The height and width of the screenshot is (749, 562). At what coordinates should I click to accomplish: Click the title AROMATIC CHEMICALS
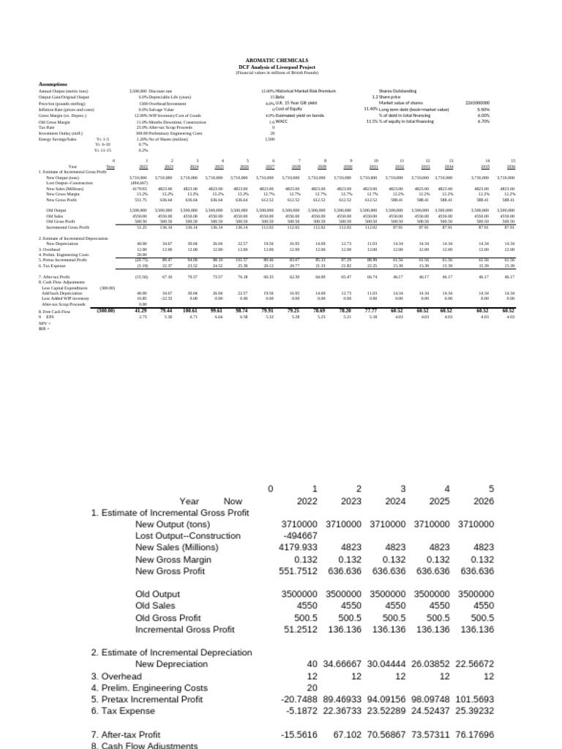281,62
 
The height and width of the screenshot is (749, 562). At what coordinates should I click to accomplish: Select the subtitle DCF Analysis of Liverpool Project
281,67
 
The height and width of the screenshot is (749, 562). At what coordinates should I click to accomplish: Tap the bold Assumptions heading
53,84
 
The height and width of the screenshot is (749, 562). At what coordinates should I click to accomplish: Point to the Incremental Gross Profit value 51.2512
302,628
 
